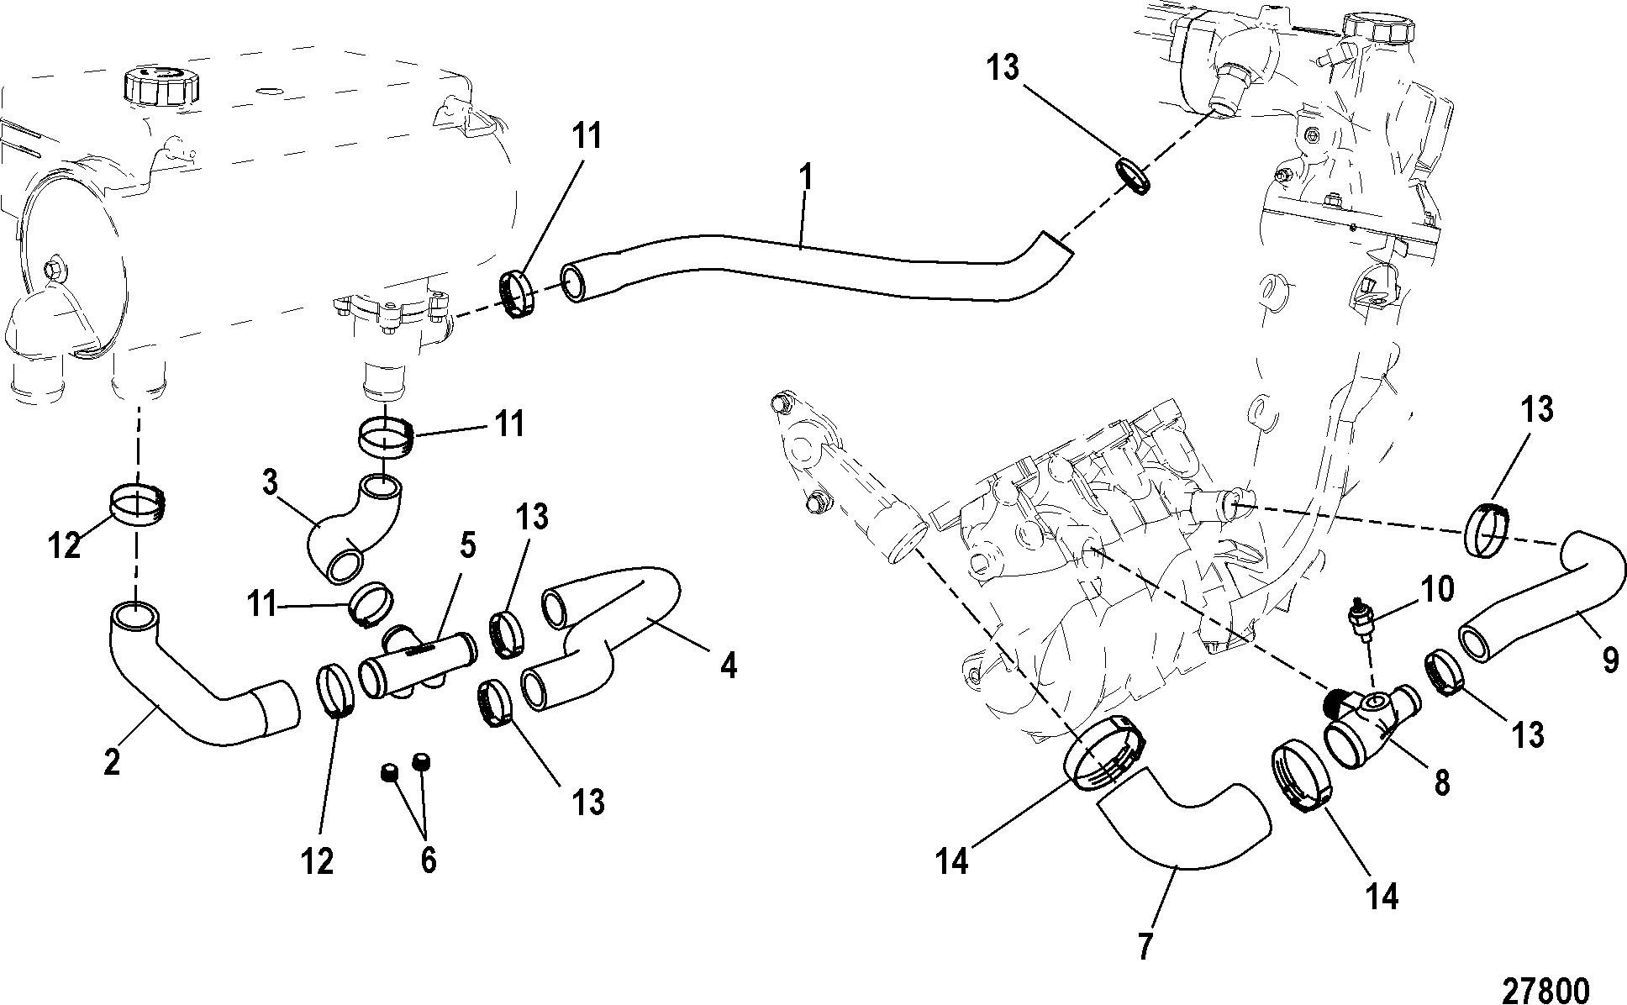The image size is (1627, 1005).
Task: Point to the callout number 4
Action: (729, 666)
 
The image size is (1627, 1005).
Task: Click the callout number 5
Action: (466, 547)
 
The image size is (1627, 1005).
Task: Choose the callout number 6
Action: (428, 860)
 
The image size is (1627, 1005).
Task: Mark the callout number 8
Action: (1441, 784)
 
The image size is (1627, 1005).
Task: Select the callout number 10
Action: (1438, 590)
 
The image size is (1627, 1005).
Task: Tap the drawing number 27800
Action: (1545, 987)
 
